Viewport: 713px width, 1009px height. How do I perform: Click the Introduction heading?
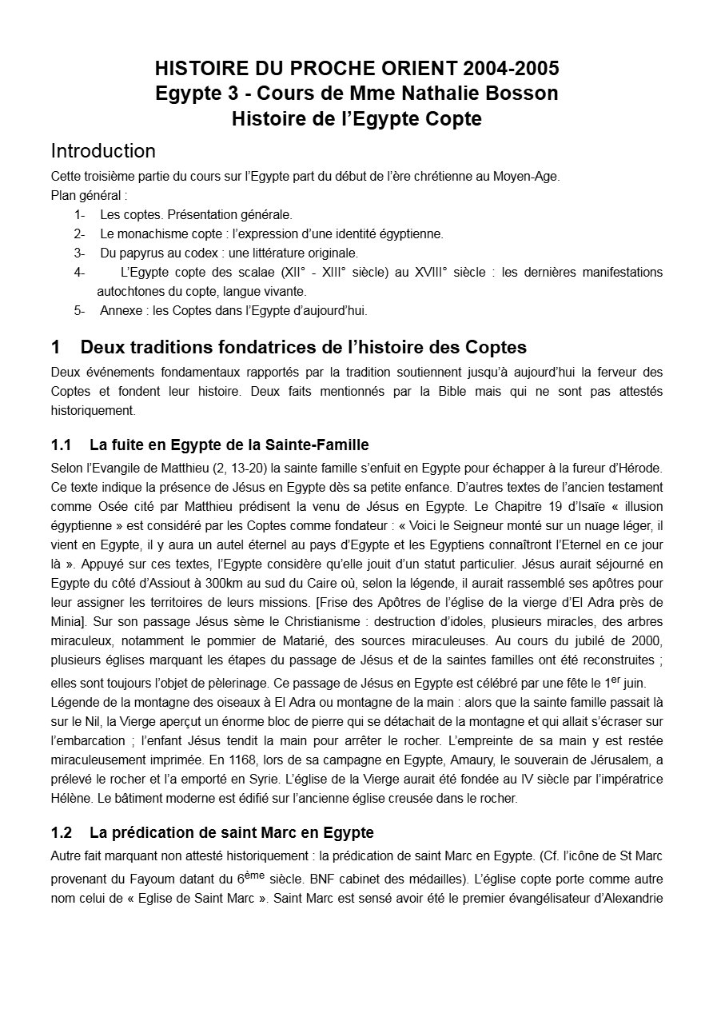click(x=103, y=150)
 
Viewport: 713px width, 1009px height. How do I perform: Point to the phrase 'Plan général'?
click(x=87, y=196)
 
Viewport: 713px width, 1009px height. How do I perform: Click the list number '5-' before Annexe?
click(x=79, y=311)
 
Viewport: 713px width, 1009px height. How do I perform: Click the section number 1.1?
click(x=62, y=445)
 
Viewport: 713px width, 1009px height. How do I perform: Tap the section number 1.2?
click(x=62, y=833)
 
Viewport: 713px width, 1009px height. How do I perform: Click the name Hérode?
click(x=640, y=468)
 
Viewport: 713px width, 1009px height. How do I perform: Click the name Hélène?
click(x=69, y=798)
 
